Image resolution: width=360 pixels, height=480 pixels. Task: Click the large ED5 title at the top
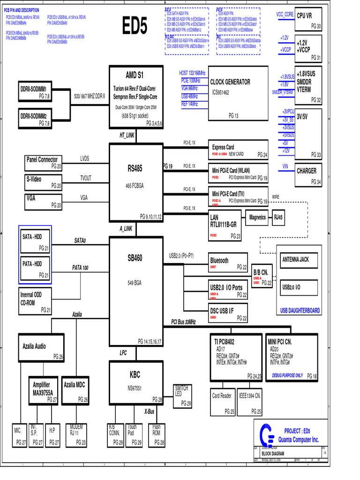tap(135, 26)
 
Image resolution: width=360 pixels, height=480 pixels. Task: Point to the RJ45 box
tap(279, 217)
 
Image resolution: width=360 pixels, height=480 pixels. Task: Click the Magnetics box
tap(257, 217)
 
